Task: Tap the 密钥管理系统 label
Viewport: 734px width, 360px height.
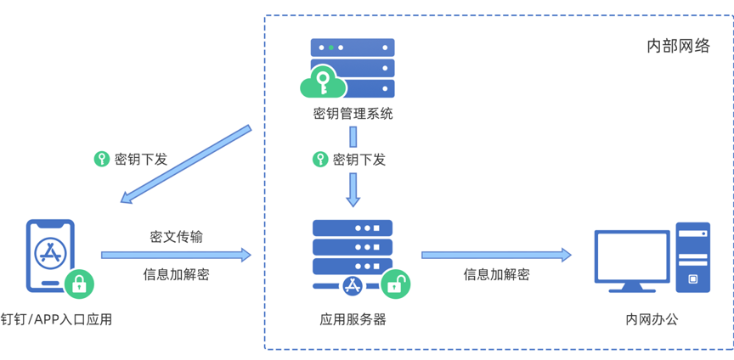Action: coord(353,113)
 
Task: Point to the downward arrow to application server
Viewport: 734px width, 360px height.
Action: coord(353,188)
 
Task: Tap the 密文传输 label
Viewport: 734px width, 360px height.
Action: coord(176,236)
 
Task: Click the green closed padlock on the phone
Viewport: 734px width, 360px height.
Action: coord(79,283)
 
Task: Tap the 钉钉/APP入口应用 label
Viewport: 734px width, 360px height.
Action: coord(57,319)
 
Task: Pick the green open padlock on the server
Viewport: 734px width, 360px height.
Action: coord(394,284)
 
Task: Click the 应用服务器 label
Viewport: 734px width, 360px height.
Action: coord(353,319)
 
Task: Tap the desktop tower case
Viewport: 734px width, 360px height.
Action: coord(693,257)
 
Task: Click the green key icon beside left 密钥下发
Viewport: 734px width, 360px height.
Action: coord(102,159)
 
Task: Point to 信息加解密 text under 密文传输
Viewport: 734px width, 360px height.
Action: coord(176,274)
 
